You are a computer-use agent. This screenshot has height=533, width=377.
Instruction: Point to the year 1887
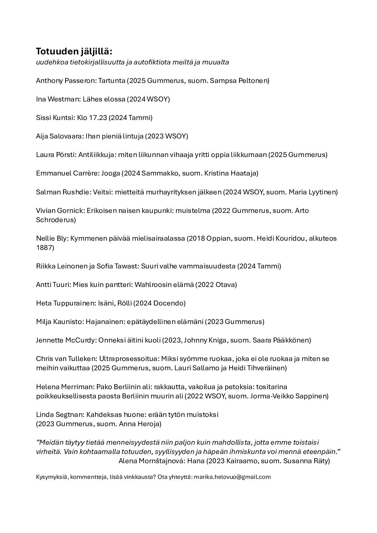(x=45, y=247)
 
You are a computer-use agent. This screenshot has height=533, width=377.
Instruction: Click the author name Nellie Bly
(x=51, y=238)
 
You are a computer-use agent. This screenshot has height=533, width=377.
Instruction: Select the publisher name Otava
(x=225, y=284)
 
